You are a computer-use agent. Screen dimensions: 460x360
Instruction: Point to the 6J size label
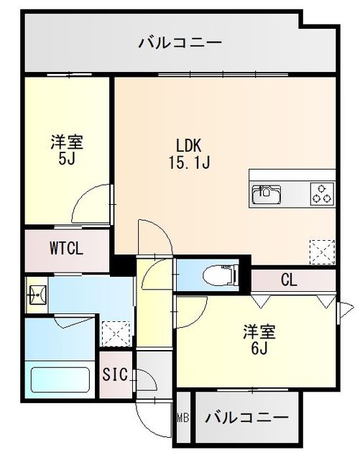259,350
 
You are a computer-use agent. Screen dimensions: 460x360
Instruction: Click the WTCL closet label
67,249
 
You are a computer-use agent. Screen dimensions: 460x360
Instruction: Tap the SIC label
114,374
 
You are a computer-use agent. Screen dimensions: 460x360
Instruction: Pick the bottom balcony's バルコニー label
247,418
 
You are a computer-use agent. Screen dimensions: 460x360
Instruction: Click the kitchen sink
267,193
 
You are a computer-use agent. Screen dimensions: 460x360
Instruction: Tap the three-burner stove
321,193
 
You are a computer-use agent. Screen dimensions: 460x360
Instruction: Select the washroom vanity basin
37,295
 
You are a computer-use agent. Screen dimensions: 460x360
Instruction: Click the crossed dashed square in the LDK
321,249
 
